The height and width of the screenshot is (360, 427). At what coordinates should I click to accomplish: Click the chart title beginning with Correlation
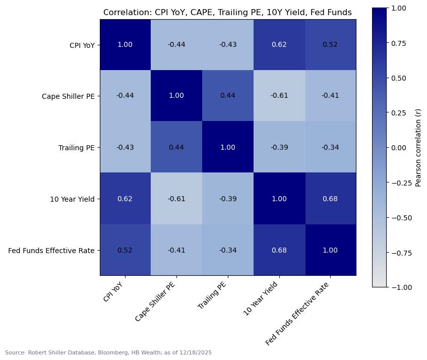(227, 13)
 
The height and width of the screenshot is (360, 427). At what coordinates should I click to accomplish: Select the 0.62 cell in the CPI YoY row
(279, 45)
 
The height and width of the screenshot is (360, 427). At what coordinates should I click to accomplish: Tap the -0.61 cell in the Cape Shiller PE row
(279, 96)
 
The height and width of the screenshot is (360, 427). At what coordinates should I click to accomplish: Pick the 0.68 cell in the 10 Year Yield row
(330, 199)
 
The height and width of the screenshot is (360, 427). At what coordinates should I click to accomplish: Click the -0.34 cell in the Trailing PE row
(330, 147)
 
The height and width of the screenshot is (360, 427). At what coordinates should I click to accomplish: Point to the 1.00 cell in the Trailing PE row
(227, 147)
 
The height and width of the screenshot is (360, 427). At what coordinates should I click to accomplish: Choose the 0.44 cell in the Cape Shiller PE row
(227, 96)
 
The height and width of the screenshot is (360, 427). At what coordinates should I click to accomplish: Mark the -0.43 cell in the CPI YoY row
(227, 45)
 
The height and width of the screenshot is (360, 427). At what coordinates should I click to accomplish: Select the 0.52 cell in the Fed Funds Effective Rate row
(125, 250)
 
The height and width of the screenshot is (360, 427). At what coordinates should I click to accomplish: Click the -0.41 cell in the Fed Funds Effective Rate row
(176, 250)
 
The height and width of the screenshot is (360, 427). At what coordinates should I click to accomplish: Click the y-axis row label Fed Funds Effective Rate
(51, 250)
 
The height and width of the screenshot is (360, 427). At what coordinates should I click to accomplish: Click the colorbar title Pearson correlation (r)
(417, 148)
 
